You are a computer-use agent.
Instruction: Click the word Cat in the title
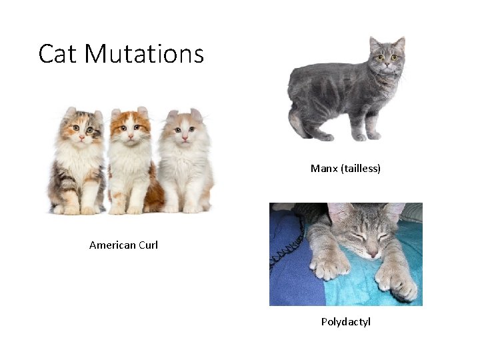[x=57, y=53]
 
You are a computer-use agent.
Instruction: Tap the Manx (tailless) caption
[x=345, y=169]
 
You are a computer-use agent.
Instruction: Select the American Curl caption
[x=123, y=245]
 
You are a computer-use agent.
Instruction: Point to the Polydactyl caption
[x=345, y=322]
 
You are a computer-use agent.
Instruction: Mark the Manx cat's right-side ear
[x=399, y=43]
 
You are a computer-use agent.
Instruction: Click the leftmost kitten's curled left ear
[x=70, y=112]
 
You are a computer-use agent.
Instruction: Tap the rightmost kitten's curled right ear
[x=196, y=114]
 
